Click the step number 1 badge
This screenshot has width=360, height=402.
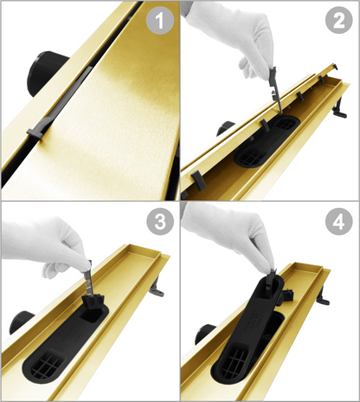pyautogui.click(x=160, y=21)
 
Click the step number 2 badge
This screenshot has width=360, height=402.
pyautogui.click(x=339, y=20)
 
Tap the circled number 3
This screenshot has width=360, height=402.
pyautogui.click(x=160, y=222)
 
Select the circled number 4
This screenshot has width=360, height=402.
pyautogui.click(x=339, y=222)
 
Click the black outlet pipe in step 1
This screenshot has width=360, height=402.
pyautogui.click(x=46, y=71)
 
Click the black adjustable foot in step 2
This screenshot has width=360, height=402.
pyautogui.click(x=339, y=108)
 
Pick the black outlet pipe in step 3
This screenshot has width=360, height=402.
pyautogui.click(x=21, y=321)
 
